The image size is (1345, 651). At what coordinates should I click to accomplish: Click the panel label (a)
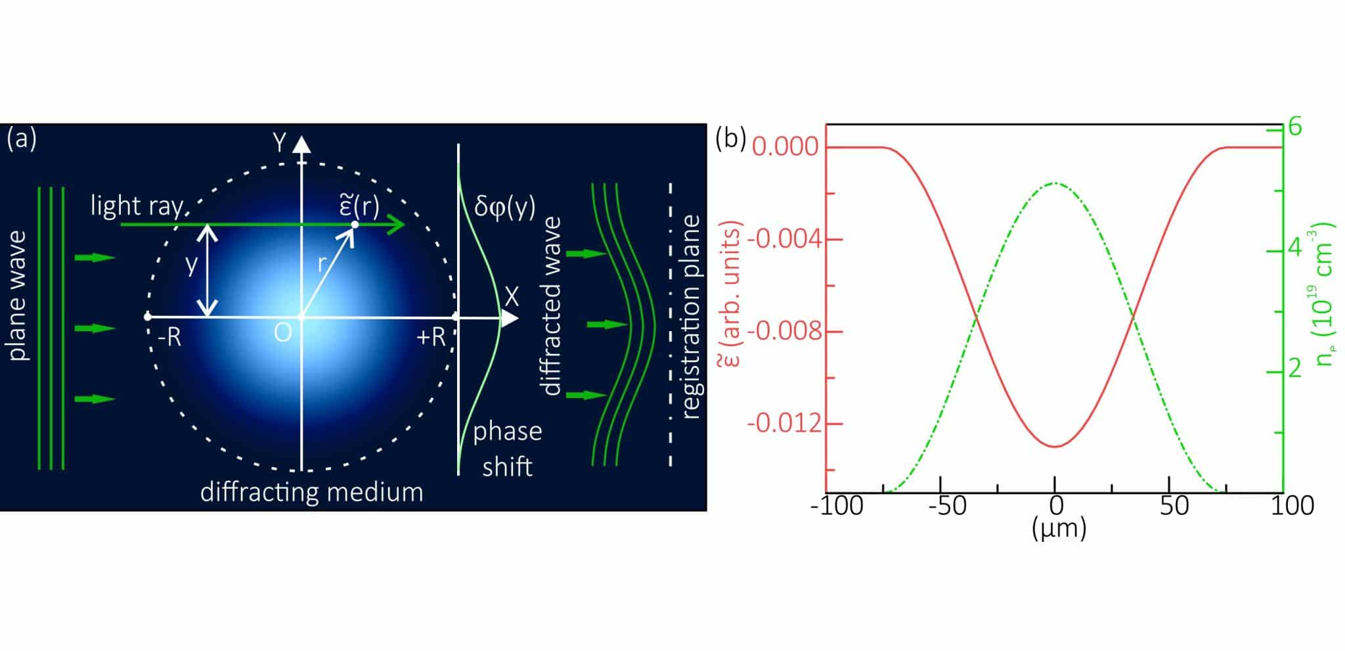(22, 139)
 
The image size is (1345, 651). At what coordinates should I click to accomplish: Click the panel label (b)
(731, 139)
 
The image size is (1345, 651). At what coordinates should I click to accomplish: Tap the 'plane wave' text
(19, 296)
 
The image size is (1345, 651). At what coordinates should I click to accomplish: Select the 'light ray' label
(138, 206)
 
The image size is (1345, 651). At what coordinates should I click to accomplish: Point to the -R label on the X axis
(170, 337)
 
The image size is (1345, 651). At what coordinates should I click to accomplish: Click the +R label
(431, 337)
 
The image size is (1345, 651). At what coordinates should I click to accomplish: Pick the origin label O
(282, 334)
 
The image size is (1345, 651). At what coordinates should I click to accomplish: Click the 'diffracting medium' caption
(311, 492)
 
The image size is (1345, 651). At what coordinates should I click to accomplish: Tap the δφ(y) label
(504, 206)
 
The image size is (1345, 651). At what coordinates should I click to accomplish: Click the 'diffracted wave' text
(552, 306)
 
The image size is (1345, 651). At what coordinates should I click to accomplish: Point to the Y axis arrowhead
(301, 144)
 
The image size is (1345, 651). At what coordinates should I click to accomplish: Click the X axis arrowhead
(510, 319)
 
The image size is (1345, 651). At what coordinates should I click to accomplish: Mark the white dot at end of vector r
(355, 225)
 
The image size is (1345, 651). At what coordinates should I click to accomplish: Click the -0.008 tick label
(783, 331)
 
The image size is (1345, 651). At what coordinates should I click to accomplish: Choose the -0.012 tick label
(783, 424)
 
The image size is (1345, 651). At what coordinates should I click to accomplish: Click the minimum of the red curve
(1055, 447)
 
